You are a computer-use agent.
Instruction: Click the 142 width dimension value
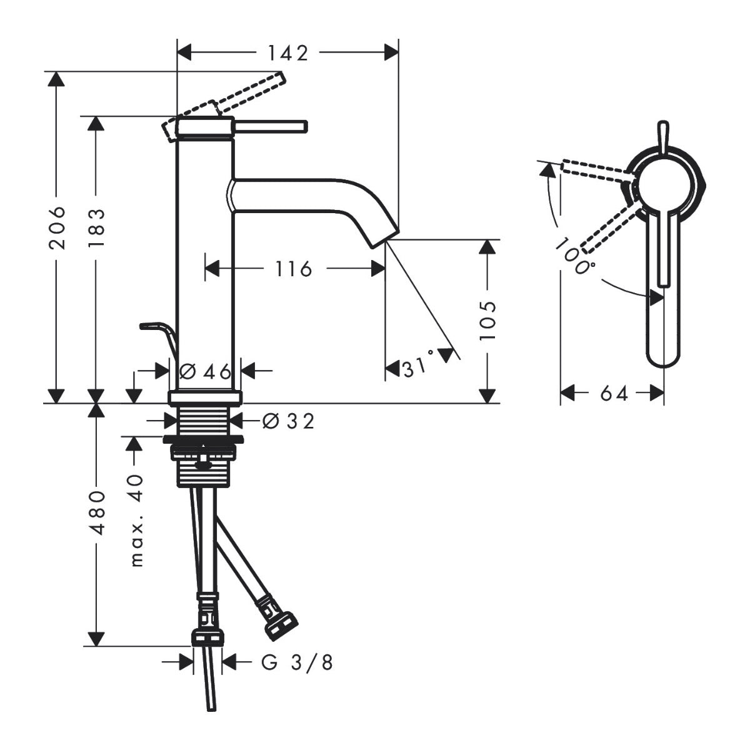[x=288, y=54]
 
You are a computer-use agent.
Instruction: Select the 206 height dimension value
[x=57, y=227]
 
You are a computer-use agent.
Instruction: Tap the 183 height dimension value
[x=96, y=227]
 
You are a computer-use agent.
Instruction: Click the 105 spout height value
[x=487, y=320]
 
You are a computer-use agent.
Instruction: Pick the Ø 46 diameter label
[x=205, y=372]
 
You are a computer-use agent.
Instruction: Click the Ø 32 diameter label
[x=288, y=422]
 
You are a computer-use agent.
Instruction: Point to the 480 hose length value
[x=96, y=512]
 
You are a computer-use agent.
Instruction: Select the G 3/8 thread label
[x=297, y=662]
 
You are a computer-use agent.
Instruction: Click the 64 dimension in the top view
[x=613, y=394]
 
